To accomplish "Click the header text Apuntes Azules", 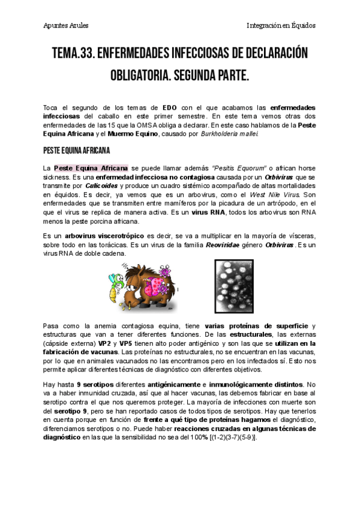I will tap(66, 26).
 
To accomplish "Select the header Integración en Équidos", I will tap(281, 26).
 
